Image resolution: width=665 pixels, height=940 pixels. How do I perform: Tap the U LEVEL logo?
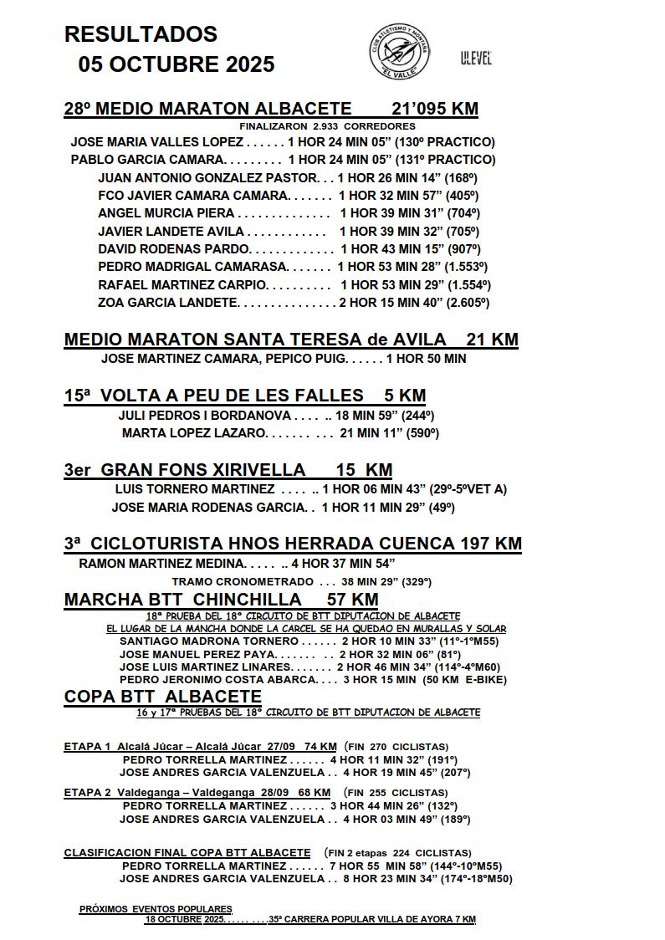click(x=476, y=59)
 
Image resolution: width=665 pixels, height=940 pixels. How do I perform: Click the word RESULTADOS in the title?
click(x=141, y=34)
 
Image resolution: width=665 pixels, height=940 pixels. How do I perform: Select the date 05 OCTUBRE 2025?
click(x=176, y=64)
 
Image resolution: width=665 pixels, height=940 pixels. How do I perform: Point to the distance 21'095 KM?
click(x=435, y=109)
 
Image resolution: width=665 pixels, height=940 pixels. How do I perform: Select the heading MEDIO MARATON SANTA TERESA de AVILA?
click(x=255, y=340)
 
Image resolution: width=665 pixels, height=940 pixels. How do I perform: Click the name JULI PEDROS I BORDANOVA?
click(x=205, y=416)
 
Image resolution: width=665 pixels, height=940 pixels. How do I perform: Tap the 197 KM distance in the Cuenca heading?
click(x=490, y=544)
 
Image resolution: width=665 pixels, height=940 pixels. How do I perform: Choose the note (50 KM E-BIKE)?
click(x=477, y=680)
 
